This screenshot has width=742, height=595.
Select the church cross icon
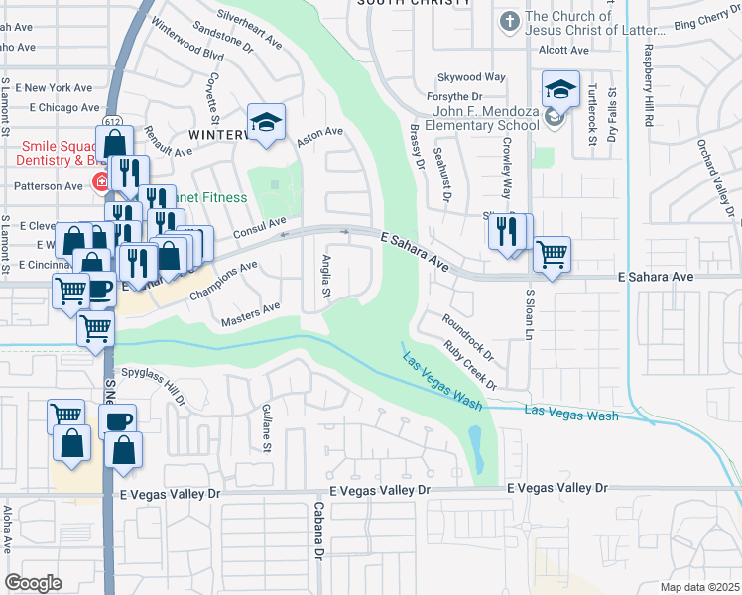(509, 21)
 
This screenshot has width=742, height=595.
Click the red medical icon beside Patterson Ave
(99, 181)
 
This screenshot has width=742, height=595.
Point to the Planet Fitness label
(210, 197)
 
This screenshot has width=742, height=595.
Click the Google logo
(34, 583)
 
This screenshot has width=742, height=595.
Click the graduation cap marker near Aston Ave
(266, 123)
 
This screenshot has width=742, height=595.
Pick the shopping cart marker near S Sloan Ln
(552, 253)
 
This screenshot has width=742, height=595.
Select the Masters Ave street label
(251, 314)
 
